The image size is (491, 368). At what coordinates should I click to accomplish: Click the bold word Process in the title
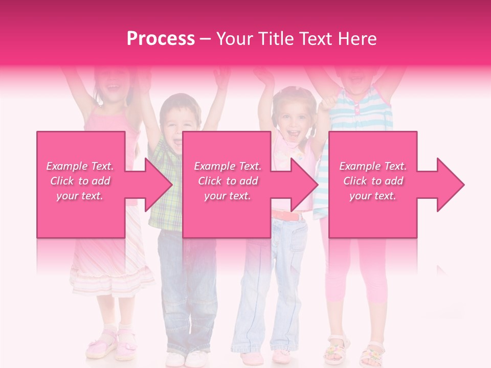point(160,39)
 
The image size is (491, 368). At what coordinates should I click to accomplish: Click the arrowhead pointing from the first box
point(159,185)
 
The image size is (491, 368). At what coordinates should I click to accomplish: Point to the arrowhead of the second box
point(305,185)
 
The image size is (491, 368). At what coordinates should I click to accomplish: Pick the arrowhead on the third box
point(451,185)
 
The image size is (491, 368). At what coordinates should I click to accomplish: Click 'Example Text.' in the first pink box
point(80,166)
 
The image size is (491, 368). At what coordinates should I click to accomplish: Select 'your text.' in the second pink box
point(227,196)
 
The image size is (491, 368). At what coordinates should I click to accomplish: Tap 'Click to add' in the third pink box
point(373,181)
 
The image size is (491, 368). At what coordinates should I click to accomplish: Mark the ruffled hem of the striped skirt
point(111,279)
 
